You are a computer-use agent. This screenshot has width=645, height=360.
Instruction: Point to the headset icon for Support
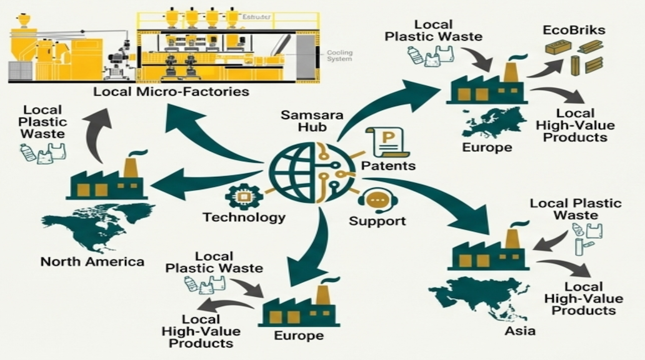377,201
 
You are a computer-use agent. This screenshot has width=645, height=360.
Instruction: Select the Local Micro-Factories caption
171,92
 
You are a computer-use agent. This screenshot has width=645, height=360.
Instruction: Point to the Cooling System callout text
339,56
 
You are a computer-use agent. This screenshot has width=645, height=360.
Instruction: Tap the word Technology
244,217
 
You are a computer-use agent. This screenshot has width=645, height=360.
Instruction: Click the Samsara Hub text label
304,121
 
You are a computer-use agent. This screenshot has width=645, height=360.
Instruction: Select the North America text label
92,261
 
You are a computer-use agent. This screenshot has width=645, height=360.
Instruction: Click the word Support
377,221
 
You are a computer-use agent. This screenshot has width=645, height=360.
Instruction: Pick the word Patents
388,166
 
